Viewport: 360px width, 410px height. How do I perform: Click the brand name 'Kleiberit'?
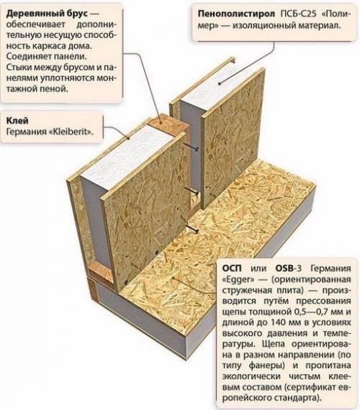[x=72, y=132]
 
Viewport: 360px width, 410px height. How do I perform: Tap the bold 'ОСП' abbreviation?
[x=234, y=264]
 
